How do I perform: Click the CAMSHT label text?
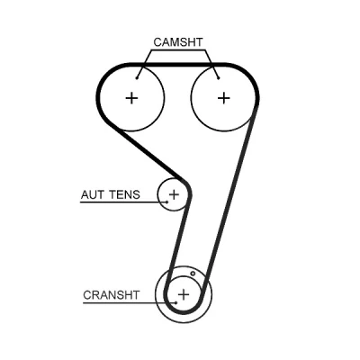point(178,42)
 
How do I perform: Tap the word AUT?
point(93,194)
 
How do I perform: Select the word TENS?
point(124,194)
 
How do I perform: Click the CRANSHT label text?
point(112,295)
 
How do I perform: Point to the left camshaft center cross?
point(131,98)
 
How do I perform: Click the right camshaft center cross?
point(223,98)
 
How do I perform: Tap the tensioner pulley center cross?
point(174,194)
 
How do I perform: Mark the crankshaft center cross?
point(184,294)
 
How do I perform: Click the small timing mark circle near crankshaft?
point(193,274)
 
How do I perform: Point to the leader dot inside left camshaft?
point(137,78)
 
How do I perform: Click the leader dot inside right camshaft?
point(219,78)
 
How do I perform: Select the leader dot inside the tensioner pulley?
point(167,202)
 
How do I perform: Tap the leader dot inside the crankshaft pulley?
point(176,302)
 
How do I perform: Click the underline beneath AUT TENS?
point(123,202)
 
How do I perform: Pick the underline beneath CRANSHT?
point(130,303)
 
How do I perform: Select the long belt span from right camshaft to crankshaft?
point(230,196)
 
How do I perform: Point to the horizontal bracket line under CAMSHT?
point(178,50)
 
